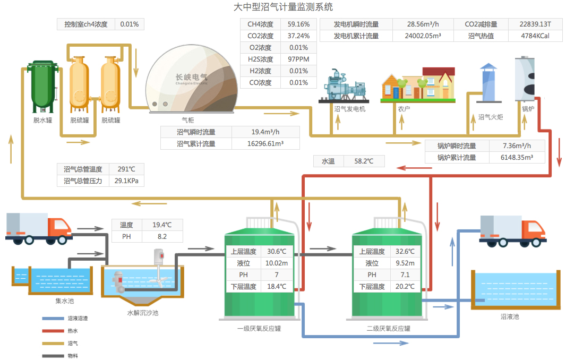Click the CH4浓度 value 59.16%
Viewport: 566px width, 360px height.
click(x=298, y=24)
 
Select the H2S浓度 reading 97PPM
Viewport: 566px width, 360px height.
click(x=298, y=59)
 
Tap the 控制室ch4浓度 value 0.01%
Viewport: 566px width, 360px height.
click(x=130, y=24)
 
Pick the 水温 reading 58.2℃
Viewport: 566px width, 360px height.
click(x=364, y=161)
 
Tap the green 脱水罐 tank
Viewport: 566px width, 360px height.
click(x=42, y=85)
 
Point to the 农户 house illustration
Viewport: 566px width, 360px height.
click(x=418, y=85)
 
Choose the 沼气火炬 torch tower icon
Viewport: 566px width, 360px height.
click(x=488, y=83)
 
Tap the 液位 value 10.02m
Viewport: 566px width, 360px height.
click(x=277, y=263)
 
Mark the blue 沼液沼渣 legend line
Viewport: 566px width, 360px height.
click(x=52, y=319)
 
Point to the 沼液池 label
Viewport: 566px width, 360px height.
click(x=510, y=317)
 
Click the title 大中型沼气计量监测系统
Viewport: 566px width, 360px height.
click(x=283, y=7)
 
